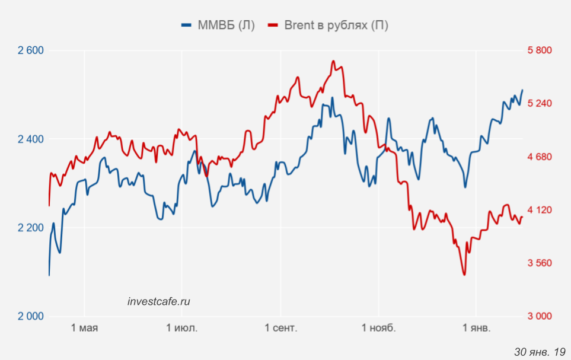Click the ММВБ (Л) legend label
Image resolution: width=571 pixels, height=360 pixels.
click(226, 25)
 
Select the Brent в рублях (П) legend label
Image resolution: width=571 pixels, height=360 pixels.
click(336, 25)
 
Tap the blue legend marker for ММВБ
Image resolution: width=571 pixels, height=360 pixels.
click(187, 25)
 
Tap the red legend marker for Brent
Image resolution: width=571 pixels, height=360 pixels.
click(273, 25)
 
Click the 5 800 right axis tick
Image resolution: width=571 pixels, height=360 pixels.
click(540, 50)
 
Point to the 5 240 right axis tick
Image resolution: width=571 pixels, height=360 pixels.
click(540, 104)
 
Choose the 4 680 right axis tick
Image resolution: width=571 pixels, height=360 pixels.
click(540, 157)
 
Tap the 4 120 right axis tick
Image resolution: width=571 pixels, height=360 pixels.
click(540, 210)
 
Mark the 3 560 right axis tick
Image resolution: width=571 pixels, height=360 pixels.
click(540, 263)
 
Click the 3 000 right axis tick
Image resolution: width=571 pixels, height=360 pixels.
click(540, 316)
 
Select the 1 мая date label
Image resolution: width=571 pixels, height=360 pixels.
click(84, 328)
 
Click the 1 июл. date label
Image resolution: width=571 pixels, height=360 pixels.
click(182, 328)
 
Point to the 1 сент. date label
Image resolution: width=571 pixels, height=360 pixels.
click(280, 328)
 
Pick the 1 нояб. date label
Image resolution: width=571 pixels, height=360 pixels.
click(378, 328)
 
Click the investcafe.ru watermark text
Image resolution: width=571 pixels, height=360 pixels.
click(159, 301)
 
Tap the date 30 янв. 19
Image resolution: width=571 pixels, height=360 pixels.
click(540, 351)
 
